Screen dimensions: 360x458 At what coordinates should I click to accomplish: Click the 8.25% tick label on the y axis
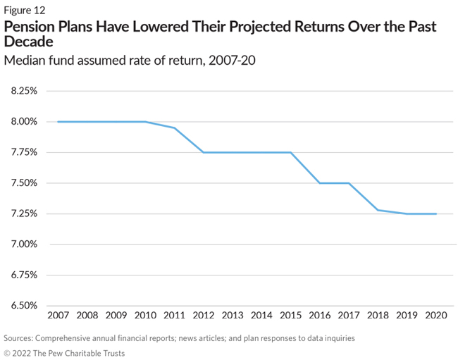23,91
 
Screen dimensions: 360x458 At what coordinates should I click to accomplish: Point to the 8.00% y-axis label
23,122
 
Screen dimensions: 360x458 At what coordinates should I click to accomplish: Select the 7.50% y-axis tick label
23,183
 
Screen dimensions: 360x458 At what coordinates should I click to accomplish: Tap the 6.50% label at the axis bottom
23,306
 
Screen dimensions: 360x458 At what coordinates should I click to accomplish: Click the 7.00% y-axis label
23,244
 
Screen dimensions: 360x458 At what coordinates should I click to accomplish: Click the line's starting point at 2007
58,122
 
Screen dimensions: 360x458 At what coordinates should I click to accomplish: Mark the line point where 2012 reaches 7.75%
203,152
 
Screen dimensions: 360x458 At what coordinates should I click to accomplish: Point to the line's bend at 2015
290,152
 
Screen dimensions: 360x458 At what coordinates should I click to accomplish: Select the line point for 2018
378,210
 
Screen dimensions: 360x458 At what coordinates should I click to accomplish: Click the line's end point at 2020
436,213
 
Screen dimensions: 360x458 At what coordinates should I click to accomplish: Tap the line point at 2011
174,128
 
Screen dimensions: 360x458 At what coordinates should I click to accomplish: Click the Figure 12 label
25,9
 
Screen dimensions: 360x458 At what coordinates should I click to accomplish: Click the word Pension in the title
30,27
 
